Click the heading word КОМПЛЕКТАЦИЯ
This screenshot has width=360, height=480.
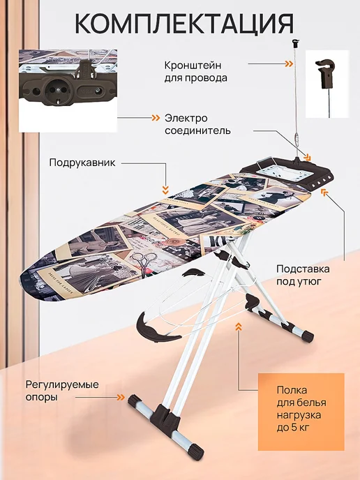pos(184,24)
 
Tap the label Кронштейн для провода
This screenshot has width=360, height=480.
pos(196,72)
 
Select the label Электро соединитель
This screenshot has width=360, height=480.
pos(197,124)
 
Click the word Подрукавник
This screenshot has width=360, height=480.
pos(82,163)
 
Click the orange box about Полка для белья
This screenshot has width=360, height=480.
pos(301,412)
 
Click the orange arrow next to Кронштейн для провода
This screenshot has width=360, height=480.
pos(288,63)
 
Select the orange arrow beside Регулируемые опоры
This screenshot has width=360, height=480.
pos(121,398)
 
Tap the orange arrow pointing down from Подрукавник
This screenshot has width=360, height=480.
pos(165,190)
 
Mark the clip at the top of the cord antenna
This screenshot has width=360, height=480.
pos(295,43)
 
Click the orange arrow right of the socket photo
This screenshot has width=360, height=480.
pos(156,117)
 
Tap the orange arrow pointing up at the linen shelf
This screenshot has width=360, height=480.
pos(239,327)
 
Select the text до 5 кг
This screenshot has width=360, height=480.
pos(292,428)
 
